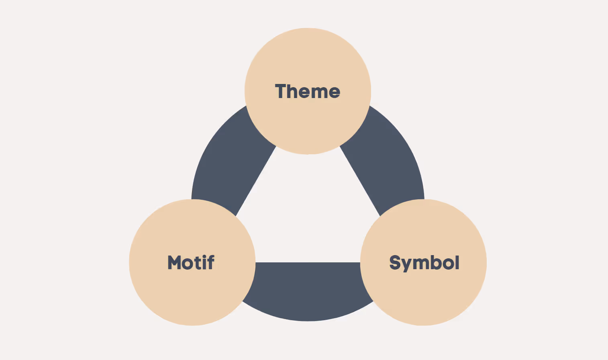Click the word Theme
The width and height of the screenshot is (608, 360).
[308, 92]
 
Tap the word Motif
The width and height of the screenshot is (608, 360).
[191, 263]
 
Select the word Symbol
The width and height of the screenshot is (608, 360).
[424, 263]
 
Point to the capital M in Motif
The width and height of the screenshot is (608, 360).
[174, 263]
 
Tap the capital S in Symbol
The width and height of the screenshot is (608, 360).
[395, 263]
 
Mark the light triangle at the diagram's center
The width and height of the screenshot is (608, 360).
[308, 217]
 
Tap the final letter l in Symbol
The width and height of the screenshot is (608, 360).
[457, 262]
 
